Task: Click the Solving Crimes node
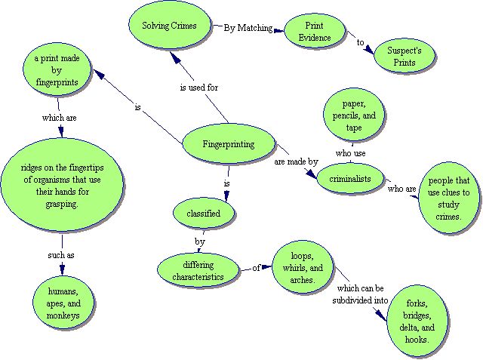pos(169,26)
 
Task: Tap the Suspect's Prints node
pos(405,57)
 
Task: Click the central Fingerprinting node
pos(229,144)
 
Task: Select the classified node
pos(204,214)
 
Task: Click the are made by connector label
pos(295,161)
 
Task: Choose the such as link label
pos(60,255)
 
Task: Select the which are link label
pos(60,118)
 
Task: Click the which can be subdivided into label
pos(362,295)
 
